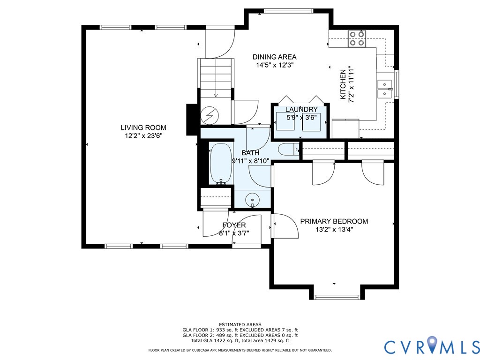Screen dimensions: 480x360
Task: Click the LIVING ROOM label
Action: pos(143,127)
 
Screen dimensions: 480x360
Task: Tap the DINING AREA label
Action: pos(274,57)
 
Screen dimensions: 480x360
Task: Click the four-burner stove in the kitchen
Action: pos(357,38)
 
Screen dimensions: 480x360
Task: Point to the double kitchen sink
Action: pos(384,89)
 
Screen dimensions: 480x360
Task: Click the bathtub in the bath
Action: pos(220,164)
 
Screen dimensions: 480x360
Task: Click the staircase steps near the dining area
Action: pos(216,77)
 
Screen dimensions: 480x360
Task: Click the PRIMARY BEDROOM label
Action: pos(334,221)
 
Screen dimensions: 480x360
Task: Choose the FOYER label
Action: pos(234,225)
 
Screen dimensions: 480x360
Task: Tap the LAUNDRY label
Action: pos(301,109)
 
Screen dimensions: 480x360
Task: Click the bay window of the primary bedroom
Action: pos(337,297)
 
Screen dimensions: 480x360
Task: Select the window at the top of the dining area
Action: pos(289,11)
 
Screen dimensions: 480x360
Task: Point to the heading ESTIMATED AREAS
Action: pos(240,324)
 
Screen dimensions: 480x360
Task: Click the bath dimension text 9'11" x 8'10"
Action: pos(250,161)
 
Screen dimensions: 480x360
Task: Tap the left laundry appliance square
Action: pos(285,122)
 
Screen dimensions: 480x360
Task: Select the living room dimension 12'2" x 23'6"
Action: pos(143,135)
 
